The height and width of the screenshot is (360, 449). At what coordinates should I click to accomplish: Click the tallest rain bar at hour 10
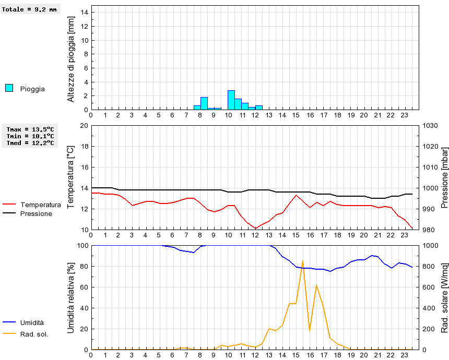pyautogui.click(x=231, y=100)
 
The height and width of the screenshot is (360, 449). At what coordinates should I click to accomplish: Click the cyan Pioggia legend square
pyautogui.click(x=9, y=88)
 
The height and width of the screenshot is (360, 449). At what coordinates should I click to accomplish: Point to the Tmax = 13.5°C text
pyautogui.click(x=30, y=129)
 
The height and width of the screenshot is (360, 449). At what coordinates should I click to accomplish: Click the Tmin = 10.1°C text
pyautogui.click(x=30, y=136)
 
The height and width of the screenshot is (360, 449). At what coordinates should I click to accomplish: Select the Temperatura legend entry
pyautogui.click(x=40, y=205)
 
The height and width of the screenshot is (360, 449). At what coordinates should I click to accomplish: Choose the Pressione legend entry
pyautogui.click(x=36, y=213)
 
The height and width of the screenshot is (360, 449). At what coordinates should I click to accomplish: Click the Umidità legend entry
pyautogui.click(x=32, y=323)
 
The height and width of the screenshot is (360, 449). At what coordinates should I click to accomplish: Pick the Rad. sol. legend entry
pyautogui.click(x=34, y=334)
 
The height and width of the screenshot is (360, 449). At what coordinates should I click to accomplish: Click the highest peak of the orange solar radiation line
pyautogui.click(x=303, y=261)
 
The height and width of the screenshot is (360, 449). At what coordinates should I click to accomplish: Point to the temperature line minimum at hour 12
pyautogui.click(x=255, y=229)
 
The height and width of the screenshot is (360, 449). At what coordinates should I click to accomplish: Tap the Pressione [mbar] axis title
pyautogui.click(x=445, y=177)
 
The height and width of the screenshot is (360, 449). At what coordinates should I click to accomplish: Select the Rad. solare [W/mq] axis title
pyautogui.click(x=445, y=297)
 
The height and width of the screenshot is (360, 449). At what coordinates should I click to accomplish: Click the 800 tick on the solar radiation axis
pyautogui.click(x=429, y=267)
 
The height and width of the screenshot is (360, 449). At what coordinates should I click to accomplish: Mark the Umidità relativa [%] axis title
pyautogui.click(x=72, y=297)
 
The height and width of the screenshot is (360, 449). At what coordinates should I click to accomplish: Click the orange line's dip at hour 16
pyautogui.click(x=310, y=331)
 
